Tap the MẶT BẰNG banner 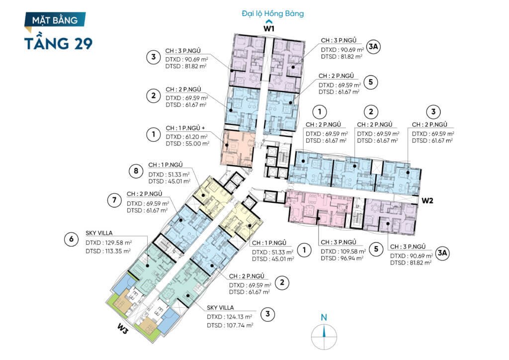(55, 20)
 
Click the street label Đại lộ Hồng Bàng (273, 13)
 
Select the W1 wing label (269, 28)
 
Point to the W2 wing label (427, 200)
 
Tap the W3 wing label (123, 329)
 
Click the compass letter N (324, 317)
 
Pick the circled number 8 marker (136, 171)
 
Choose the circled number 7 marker (114, 200)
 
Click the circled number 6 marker (72, 240)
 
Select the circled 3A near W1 (373, 47)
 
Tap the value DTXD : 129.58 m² (109, 243)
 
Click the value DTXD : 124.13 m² (230, 317)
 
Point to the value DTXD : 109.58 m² (343, 252)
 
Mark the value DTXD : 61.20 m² (187, 137)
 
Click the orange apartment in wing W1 (238, 148)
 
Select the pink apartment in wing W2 (318, 209)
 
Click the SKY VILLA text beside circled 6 (99, 233)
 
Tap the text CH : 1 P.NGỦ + (185, 128)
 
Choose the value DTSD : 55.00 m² (187, 144)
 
